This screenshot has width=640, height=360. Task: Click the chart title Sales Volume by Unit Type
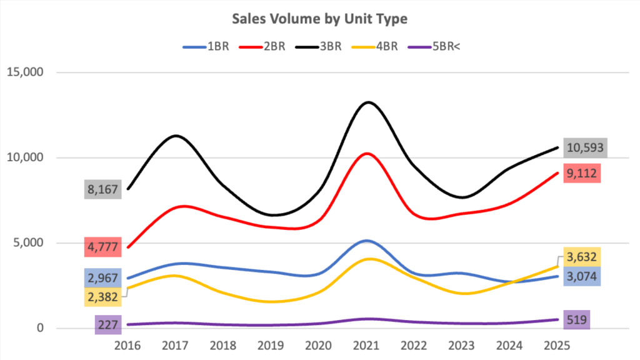click(319, 19)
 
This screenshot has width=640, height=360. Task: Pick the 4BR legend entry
click(377, 47)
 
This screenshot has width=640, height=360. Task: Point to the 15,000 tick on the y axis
click(25, 72)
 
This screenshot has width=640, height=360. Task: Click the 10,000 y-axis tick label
click(25, 157)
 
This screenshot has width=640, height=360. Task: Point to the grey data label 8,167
click(103, 189)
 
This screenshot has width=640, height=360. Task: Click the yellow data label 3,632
click(582, 256)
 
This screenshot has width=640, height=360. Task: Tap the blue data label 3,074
click(582, 276)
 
